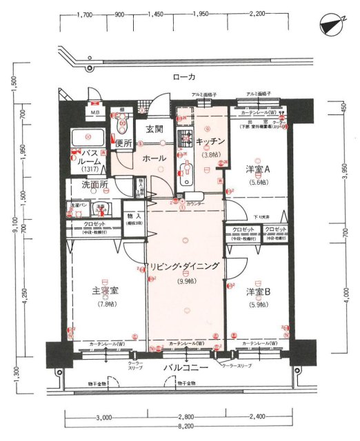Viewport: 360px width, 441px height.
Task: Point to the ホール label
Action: point(153,158)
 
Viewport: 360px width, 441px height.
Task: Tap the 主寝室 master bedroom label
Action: point(106,292)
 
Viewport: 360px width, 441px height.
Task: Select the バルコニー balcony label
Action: point(186,368)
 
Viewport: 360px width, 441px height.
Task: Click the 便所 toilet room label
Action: point(123,143)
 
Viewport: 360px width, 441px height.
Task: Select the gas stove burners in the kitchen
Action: point(184,138)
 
